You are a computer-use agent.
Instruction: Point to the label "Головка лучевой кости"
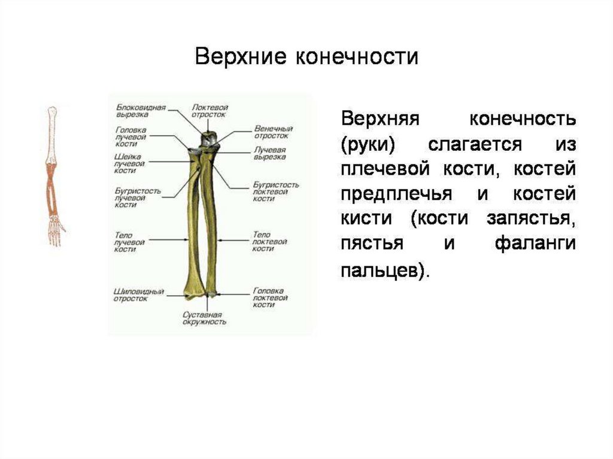[131, 137]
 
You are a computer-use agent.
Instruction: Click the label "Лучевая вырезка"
[270, 153]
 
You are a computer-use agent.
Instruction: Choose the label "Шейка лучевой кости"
[129, 163]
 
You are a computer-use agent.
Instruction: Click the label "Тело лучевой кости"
[129, 242]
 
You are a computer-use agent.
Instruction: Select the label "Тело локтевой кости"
[270, 241]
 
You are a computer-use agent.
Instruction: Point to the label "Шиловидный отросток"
[139, 295]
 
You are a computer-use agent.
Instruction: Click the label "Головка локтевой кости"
[268, 297]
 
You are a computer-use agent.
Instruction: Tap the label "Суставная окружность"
[204, 318]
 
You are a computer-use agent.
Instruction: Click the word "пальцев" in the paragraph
[382, 270]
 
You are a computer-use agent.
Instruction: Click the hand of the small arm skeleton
[56, 230]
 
